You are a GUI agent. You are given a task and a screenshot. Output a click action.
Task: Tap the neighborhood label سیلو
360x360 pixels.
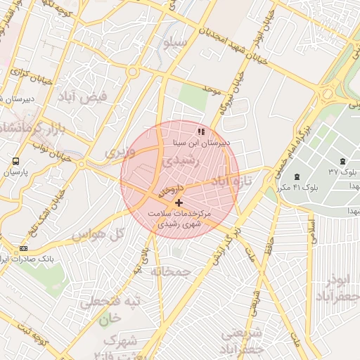[176, 44]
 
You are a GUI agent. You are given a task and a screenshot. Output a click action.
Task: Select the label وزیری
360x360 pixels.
[119, 151]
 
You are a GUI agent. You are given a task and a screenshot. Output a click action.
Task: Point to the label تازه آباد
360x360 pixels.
[230, 182]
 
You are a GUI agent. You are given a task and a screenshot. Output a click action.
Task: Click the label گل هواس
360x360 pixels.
[98, 234]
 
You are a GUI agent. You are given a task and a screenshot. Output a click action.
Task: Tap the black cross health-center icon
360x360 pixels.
[179, 202]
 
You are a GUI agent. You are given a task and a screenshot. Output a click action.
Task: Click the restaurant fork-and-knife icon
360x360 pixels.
[202, 131]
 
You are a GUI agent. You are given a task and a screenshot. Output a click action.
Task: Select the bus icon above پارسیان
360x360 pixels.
[16, 161]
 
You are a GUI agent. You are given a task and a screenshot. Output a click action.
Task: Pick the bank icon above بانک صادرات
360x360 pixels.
[25, 248]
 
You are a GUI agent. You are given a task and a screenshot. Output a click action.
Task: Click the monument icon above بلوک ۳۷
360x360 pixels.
[342, 161]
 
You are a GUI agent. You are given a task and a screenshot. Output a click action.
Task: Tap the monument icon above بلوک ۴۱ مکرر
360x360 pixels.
[296, 176]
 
